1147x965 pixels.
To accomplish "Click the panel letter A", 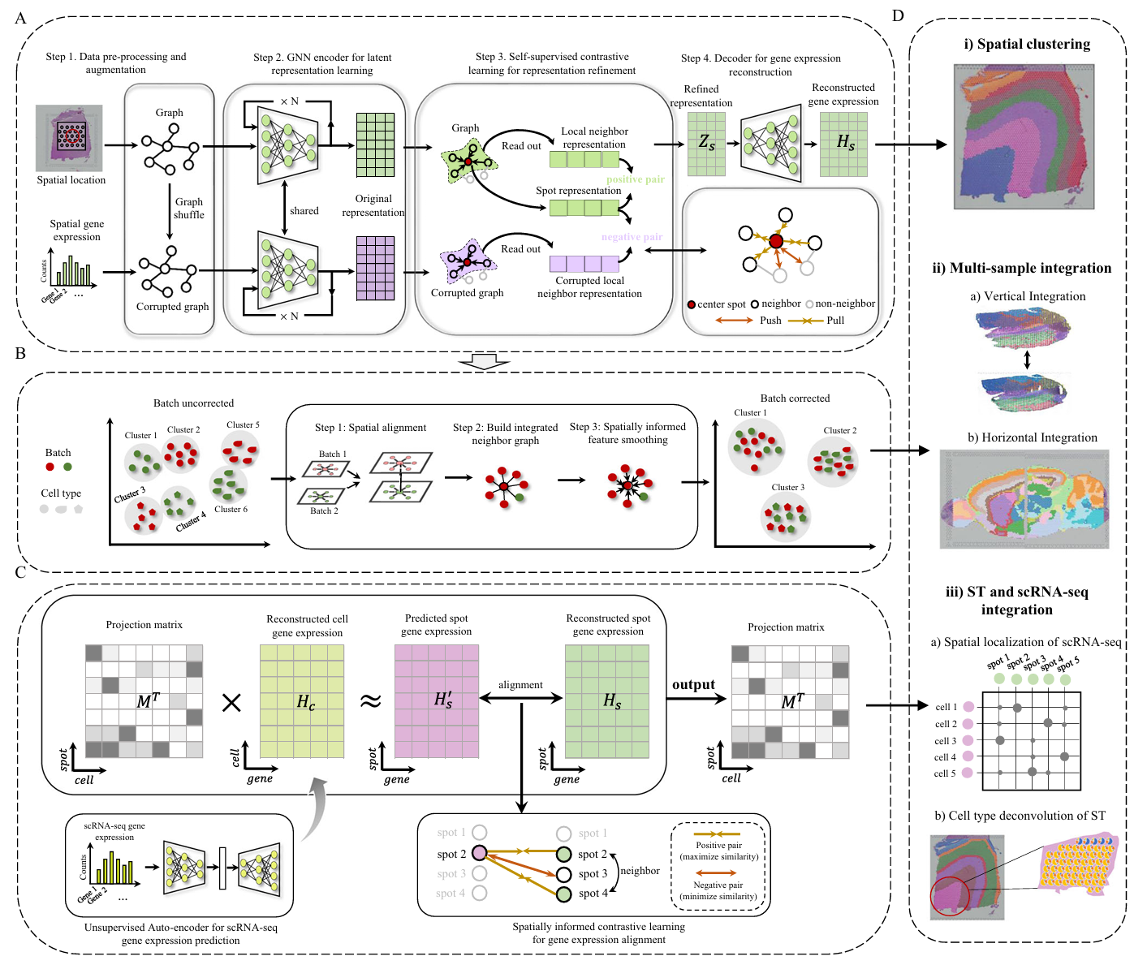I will [20, 18].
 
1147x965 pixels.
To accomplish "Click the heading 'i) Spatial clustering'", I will [1027, 45].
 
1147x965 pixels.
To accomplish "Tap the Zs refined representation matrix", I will [706, 144].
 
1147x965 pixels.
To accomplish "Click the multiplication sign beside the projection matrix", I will [231, 703].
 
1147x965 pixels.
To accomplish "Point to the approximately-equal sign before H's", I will [370, 701].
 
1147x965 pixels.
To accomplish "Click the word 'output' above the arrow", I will [693, 684].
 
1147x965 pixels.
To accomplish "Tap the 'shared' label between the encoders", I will [304, 211].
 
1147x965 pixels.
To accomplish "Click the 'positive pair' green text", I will [635, 179].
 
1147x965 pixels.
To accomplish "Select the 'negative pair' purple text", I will [632, 237].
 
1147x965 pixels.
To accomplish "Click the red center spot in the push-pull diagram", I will [776, 241].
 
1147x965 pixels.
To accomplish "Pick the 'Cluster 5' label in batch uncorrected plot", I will [243, 424].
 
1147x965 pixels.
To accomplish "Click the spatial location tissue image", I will [69, 138].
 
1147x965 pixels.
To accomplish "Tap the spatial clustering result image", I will [1024, 136].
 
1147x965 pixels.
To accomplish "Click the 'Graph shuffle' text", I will [188, 209].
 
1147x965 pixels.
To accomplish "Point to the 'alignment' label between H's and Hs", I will [520, 685].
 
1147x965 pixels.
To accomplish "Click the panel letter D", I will [898, 15].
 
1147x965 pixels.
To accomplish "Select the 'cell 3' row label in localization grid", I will [946, 741].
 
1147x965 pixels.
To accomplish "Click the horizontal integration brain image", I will [1024, 498].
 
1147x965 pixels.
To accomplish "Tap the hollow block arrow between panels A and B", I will [484, 361].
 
